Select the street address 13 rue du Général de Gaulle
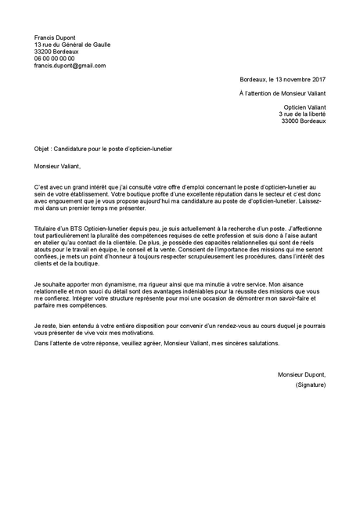tap(72, 45)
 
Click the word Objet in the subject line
tap(43, 147)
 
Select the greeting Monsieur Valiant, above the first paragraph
tap(57, 165)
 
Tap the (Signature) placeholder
tap(310, 385)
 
